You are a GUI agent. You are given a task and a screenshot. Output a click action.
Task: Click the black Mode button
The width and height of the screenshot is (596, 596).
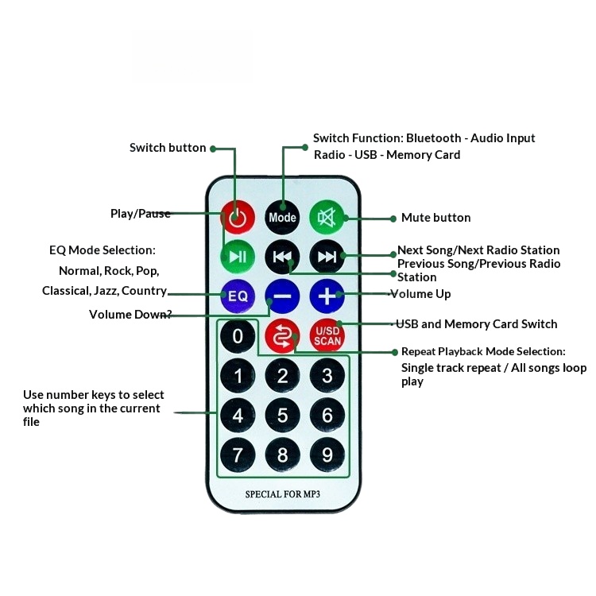282,217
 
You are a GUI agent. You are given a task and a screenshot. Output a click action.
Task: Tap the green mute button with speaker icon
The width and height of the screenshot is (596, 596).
326,217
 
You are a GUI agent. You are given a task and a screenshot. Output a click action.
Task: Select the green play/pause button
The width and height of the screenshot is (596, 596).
237,256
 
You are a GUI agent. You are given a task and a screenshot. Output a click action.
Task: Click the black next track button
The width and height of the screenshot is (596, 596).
327,256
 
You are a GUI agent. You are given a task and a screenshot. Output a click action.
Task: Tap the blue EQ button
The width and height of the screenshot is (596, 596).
238,296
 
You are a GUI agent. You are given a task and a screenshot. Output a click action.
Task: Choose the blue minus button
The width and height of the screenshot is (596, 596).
282,296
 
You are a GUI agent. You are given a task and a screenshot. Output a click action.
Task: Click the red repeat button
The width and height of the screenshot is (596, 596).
282,336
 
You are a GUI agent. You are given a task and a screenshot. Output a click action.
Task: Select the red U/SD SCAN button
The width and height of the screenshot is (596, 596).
327,336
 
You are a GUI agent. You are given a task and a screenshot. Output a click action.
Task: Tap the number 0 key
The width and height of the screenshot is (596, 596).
238,336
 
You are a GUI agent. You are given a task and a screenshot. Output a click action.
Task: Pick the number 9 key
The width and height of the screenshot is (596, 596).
327,455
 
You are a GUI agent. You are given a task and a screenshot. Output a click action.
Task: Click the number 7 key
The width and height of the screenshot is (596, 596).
238,455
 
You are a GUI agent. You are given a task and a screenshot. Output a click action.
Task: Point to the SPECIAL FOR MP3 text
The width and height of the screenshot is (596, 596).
282,494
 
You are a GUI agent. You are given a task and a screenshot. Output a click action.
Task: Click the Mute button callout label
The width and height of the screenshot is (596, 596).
435,218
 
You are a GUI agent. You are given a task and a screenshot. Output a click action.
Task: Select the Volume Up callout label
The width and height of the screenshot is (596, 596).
423,294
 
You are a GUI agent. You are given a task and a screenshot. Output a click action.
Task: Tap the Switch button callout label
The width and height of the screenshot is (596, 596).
168,148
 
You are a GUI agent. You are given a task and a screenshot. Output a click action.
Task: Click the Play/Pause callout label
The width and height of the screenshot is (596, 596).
141,213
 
